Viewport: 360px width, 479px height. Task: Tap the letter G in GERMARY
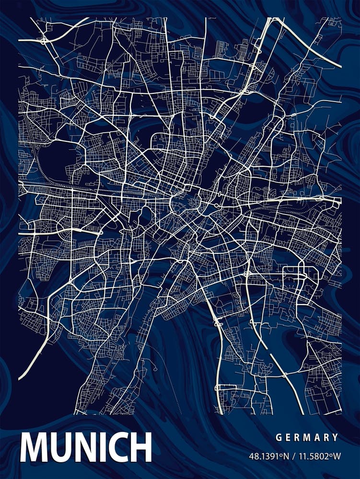pyautogui.click(x=278, y=437)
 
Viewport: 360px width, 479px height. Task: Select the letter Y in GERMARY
pyautogui.click(x=336, y=437)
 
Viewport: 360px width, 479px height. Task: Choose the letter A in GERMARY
pyautogui.click(x=316, y=437)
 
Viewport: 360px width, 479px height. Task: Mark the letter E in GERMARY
pyautogui.click(x=287, y=437)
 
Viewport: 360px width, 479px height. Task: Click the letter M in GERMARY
pyautogui.click(x=306, y=437)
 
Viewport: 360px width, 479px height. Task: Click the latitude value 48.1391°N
pyautogui.click(x=269, y=456)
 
